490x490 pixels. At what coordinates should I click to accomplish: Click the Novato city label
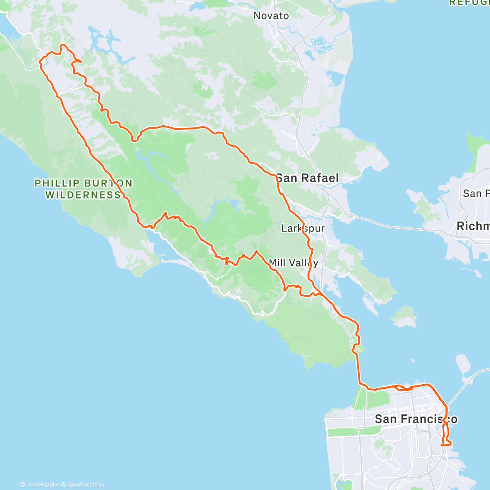271,16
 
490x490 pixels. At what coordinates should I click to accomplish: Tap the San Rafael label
307,178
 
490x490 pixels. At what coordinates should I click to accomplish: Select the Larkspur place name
303,228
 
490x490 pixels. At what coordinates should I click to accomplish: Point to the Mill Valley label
293,263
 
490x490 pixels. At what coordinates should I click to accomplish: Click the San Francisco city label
416,419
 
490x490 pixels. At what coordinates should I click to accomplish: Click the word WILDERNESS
83,195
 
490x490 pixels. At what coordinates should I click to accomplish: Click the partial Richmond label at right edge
473,226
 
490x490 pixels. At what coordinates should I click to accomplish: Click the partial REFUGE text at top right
470,3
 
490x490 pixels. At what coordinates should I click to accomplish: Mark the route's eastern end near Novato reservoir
81,62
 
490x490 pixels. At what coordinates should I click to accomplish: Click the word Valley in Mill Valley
303,263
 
